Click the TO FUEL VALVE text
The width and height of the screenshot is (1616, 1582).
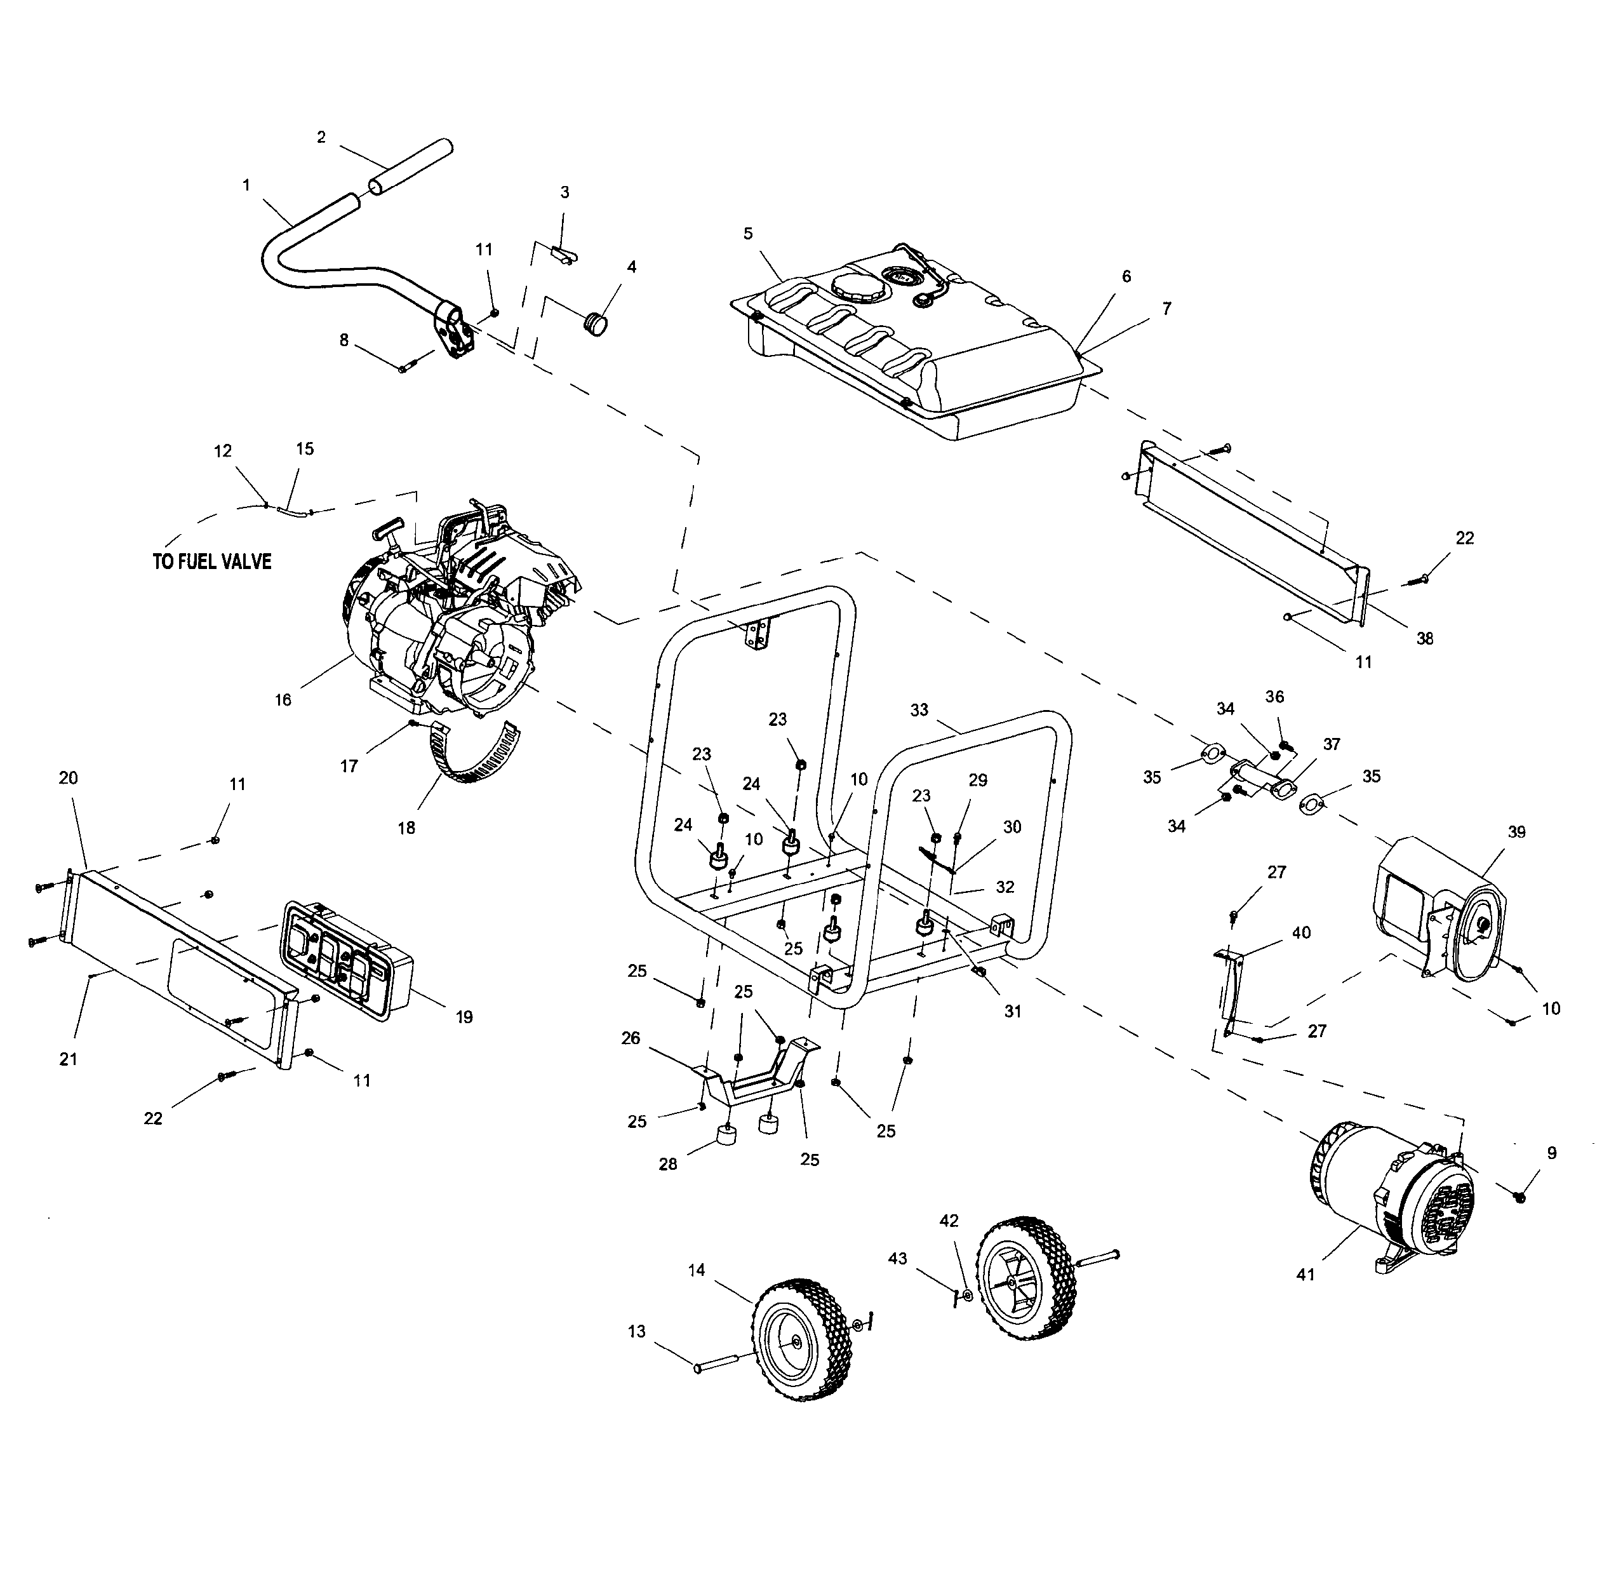coord(212,561)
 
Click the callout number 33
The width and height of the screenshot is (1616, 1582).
coord(919,711)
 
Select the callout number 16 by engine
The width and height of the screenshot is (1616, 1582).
coord(283,700)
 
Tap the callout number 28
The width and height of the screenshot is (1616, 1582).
coord(668,1164)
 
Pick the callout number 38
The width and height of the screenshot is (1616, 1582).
coord(1425,639)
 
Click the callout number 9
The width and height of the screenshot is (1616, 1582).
coord(1552,1153)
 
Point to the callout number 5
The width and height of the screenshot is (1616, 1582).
coord(748,234)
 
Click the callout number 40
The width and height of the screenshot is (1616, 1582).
coord(1301,932)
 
